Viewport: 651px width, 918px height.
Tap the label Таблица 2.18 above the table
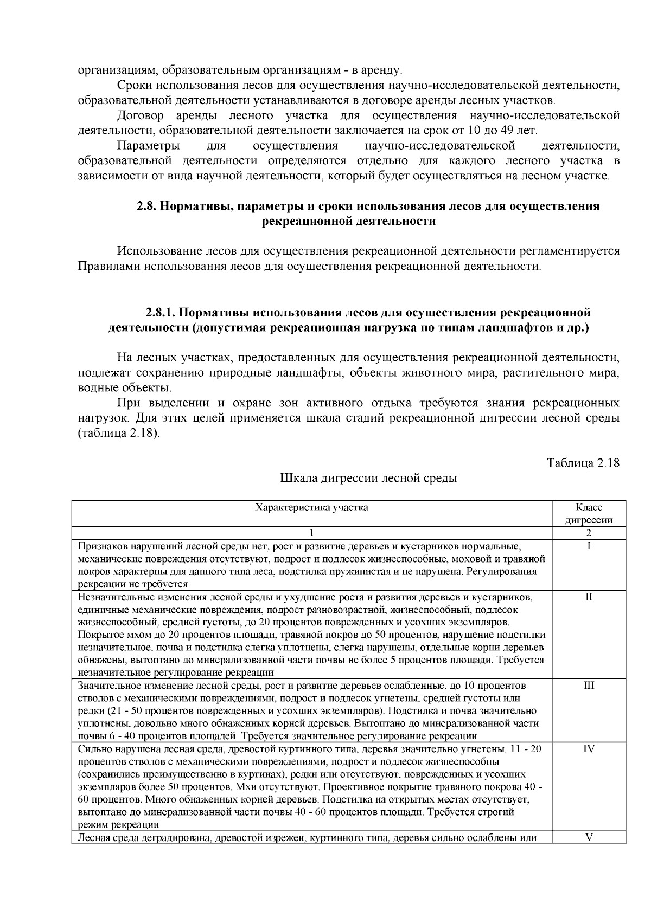583,463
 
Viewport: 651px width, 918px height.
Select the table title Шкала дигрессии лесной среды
368,478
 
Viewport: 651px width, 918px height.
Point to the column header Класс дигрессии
589,514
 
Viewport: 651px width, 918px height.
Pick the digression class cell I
589,546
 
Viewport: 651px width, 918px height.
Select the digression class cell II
589,597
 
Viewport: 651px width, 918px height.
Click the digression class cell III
589,686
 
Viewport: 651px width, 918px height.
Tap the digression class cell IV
589,749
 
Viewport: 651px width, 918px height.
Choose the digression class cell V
589,837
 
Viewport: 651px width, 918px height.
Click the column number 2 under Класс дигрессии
589,533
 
